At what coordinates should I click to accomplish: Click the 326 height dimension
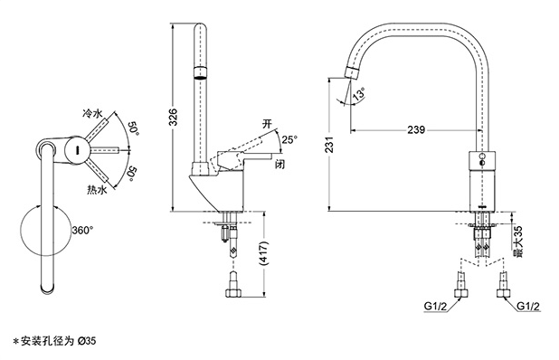[173, 117]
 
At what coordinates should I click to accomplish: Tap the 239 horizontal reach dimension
[416, 129]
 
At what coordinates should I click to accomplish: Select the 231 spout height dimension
[330, 144]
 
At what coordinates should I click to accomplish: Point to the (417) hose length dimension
[264, 253]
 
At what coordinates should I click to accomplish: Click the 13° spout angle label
[359, 94]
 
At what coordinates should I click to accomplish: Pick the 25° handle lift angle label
[289, 139]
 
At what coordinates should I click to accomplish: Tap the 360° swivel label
[82, 231]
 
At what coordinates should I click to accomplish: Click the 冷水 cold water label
[92, 114]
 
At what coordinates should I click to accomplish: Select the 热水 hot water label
[97, 190]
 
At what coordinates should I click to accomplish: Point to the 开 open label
[267, 124]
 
